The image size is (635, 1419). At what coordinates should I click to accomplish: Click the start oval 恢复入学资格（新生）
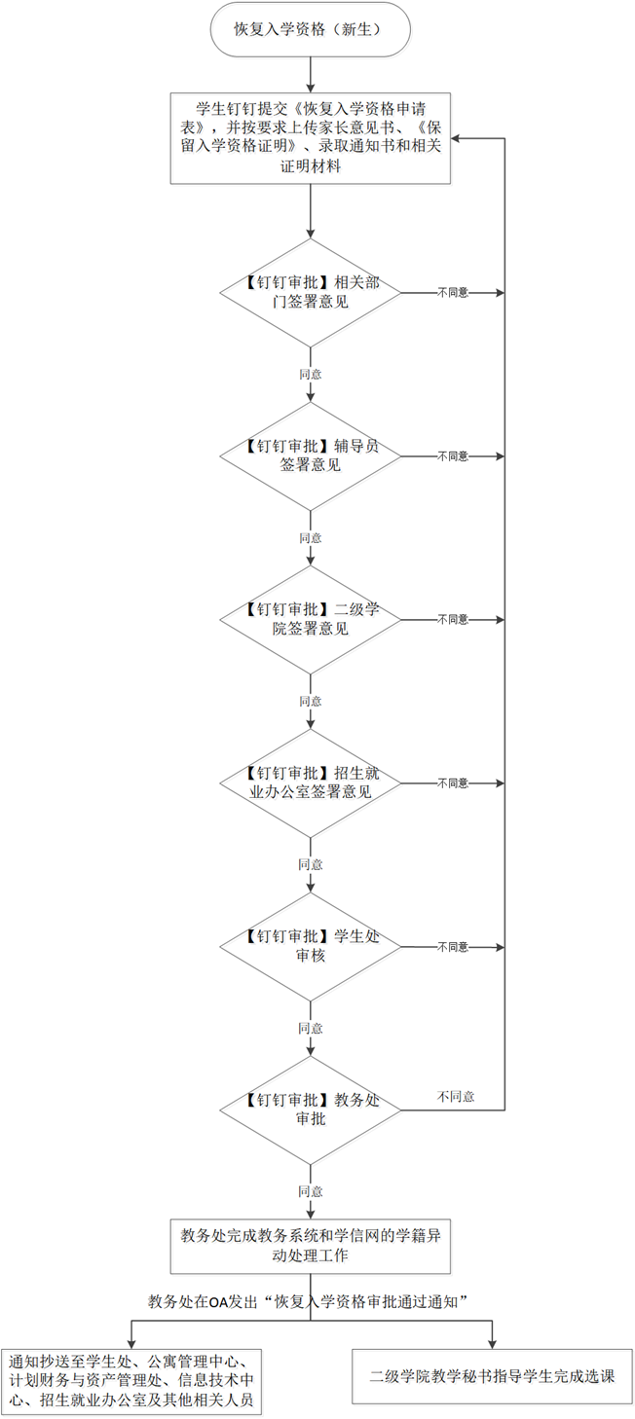tap(311, 29)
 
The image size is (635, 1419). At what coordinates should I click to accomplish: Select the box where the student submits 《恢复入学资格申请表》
tap(311, 138)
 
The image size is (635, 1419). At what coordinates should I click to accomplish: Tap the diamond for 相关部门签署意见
tap(311, 293)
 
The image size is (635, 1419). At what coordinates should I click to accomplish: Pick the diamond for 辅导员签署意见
tap(311, 456)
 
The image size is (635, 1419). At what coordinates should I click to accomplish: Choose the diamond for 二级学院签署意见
tap(311, 620)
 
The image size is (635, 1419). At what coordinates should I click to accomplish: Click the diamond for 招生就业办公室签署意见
tap(311, 783)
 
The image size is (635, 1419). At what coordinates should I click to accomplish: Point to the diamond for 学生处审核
tap(311, 946)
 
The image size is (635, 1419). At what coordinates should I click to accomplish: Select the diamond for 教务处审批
tap(311, 1110)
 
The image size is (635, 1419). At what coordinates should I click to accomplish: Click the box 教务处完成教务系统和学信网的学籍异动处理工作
tap(311, 1246)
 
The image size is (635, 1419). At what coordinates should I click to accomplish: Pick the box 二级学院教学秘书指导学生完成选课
tap(492, 1376)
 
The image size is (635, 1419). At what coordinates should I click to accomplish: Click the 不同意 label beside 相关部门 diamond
tap(453, 293)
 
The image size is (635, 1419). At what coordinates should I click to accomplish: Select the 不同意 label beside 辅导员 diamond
tap(453, 456)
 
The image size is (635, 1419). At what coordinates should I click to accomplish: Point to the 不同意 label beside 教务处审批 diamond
tap(457, 1097)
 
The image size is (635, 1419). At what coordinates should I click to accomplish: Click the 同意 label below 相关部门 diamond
tap(311, 375)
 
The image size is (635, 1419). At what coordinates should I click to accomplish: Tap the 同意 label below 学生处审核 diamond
tap(311, 1028)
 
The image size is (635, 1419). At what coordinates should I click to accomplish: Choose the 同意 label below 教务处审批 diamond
tap(311, 1191)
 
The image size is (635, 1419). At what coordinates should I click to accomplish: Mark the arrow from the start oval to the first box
tap(311, 75)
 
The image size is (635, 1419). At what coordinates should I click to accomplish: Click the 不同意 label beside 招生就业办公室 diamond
tap(453, 783)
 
